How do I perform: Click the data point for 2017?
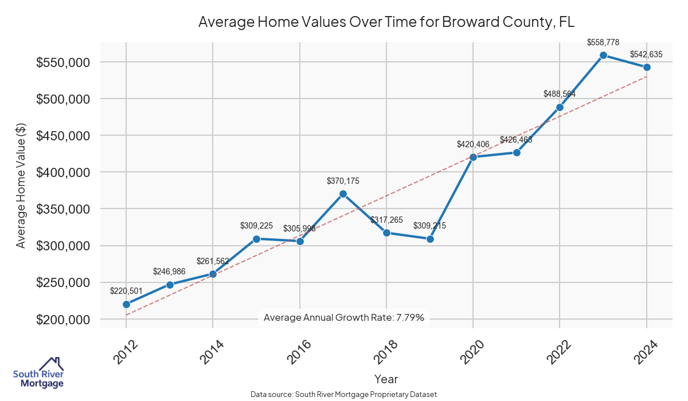[343, 194]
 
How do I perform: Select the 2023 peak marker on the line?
[603, 55]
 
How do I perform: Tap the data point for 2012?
[126, 304]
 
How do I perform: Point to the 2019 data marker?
[430, 239]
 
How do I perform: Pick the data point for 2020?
[473, 157]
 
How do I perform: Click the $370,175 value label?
[343, 181]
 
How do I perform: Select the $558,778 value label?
[603, 42]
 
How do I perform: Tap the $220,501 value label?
[126, 292]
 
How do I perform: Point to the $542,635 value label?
[646, 55]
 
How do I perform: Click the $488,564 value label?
[560, 95]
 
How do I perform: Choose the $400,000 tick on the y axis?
[63, 172]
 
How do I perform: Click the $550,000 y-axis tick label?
[63, 62]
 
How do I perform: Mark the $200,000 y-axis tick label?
[63, 320]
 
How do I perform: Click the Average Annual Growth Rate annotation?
[344, 317]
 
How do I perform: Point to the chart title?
[386, 22]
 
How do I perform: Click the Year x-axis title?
[386, 379]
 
